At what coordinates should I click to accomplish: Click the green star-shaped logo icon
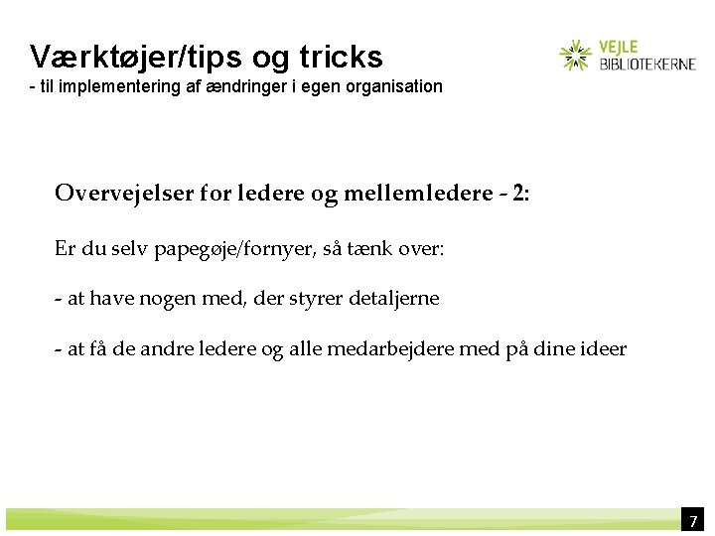pos(575,56)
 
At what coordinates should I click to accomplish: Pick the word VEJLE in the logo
pos(620,46)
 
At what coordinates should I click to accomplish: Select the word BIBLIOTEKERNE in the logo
pos(647,64)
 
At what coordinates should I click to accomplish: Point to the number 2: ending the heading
pos(520,193)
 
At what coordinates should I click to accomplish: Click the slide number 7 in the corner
pos(694,521)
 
